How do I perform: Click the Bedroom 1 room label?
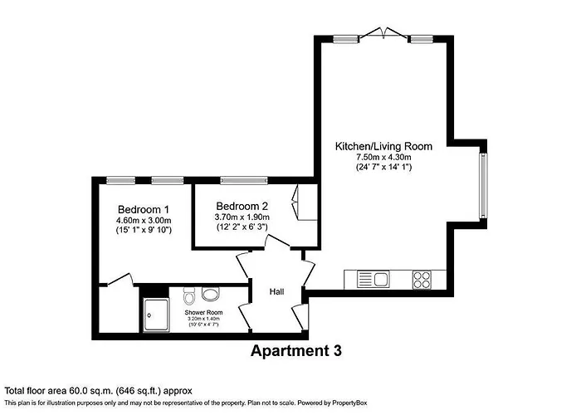(x=144, y=208)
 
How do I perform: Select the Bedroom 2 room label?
(x=242, y=206)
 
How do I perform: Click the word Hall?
(x=277, y=291)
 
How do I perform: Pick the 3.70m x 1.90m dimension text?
(x=242, y=217)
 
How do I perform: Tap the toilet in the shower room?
(x=189, y=295)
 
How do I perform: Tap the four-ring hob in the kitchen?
(x=422, y=279)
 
